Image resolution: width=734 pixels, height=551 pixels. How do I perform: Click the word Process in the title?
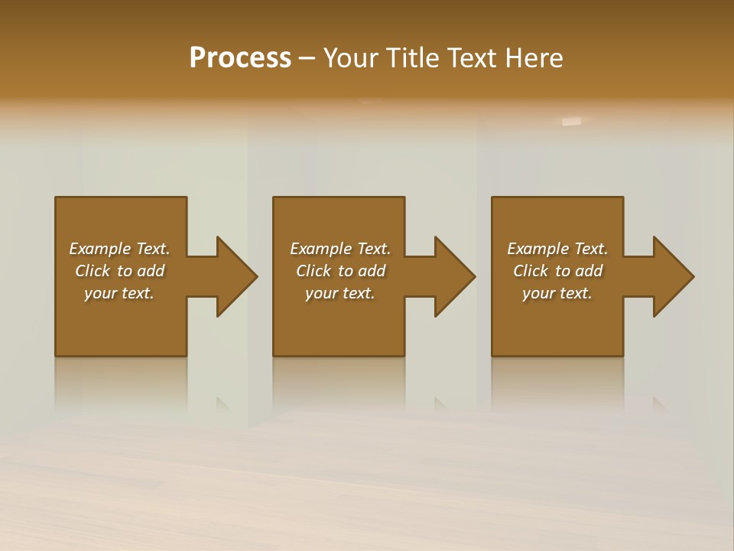pyautogui.click(x=240, y=58)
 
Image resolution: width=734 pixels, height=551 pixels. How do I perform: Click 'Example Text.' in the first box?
pyautogui.click(x=119, y=249)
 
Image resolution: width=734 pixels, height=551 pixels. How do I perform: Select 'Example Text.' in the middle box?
pyautogui.click(x=340, y=249)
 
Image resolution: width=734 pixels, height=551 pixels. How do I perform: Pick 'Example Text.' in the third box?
pyautogui.click(x=557, y=249)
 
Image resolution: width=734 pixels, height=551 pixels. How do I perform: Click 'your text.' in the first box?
pyautogui.click(x=119, y=293)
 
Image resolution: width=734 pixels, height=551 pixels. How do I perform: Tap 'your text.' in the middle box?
pyautogui.click(x=340, y=293)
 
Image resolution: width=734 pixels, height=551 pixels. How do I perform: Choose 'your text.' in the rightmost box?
pyautogui.click(x=557, y=293)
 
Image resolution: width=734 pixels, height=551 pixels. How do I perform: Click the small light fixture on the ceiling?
pyautogui.click(x=571, y=121)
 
